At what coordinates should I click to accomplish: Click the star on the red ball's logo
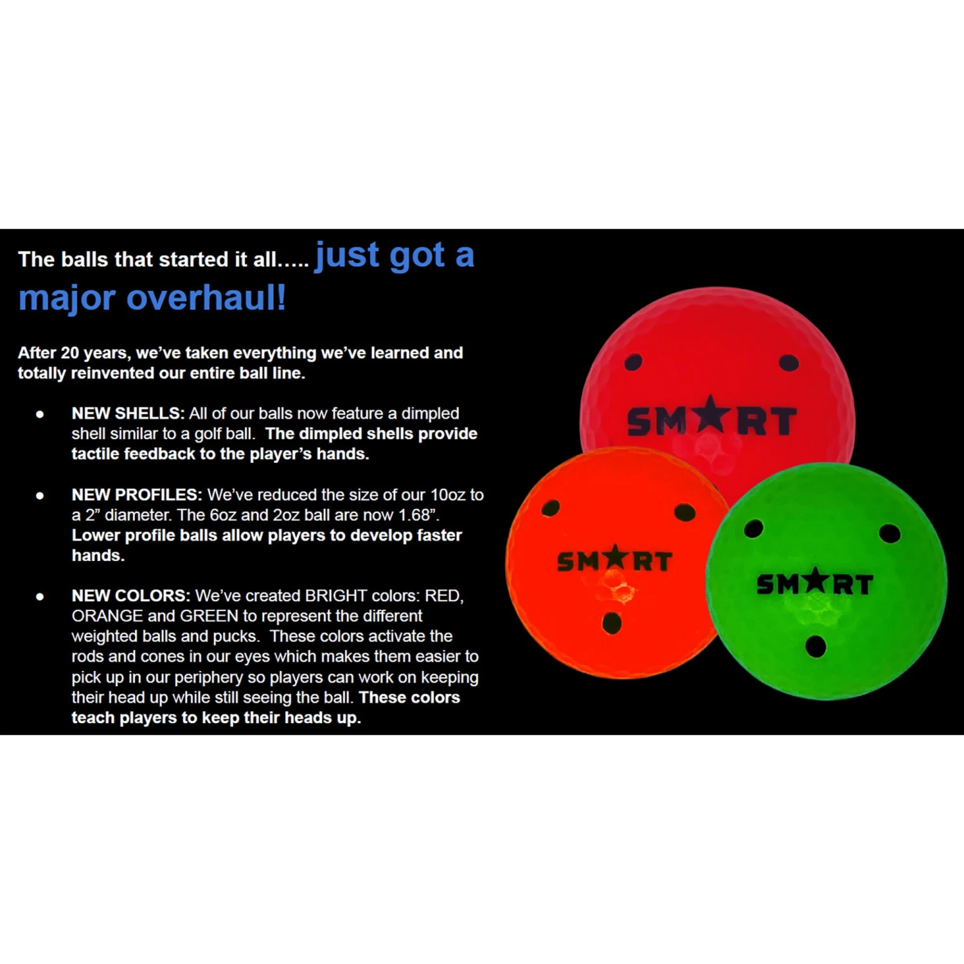[710, 415]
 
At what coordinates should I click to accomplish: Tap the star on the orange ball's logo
[616, 557]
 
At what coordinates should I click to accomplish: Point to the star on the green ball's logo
[816, 580]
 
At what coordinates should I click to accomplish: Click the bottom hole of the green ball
[816, 646]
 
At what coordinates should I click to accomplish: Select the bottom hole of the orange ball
[612, 622]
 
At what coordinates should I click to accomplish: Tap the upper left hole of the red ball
[633, 362]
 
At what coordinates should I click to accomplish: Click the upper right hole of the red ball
[789, 363]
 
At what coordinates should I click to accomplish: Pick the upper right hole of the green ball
[889, 533]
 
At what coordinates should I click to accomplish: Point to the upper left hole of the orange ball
[551, 508]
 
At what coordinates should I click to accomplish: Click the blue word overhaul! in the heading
[206, 298]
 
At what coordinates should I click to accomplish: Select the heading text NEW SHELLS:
[128, 413]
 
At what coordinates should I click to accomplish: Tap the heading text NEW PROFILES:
[137, 495]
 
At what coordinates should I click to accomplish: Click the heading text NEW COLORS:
[131, 596]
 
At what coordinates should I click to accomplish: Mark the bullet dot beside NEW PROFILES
[40, 495]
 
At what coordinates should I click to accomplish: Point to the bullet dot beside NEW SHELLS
[40, 415]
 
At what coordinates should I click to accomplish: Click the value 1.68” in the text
[418, 515]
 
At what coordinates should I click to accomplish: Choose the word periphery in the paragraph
[210, 677]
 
